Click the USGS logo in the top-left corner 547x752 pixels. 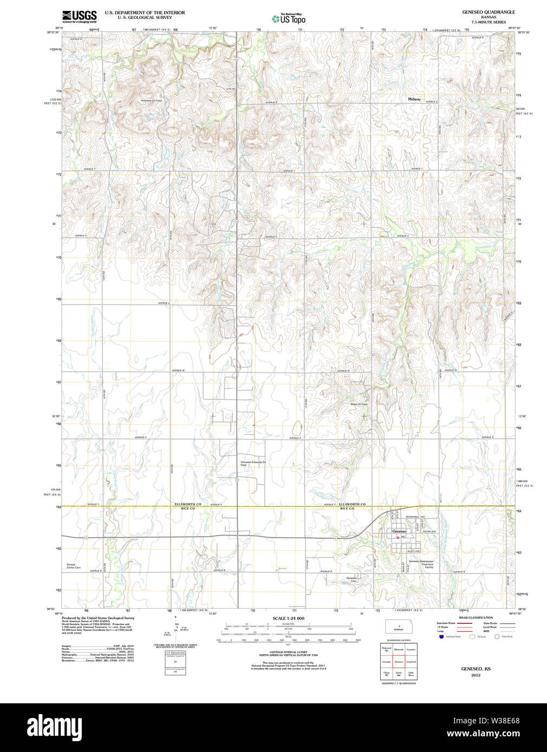coord(79,16)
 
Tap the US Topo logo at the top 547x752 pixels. coord(289,19)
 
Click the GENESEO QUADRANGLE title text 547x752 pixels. coord(488,12)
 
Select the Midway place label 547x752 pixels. coord(414,99)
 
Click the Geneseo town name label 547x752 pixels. coord(399,531)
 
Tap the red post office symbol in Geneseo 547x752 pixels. coord(398,537)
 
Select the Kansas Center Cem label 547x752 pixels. coord(74,566)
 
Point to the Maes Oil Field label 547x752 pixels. coord(359,404)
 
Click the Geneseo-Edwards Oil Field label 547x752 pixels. coord(253,464)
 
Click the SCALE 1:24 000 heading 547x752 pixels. coord(288,618)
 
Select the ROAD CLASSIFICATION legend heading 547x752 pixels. coord(476,617)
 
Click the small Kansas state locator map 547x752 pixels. coord(399,626)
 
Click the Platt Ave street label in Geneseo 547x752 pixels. coord(414,551)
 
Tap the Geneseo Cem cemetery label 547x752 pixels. coord(351,579)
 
